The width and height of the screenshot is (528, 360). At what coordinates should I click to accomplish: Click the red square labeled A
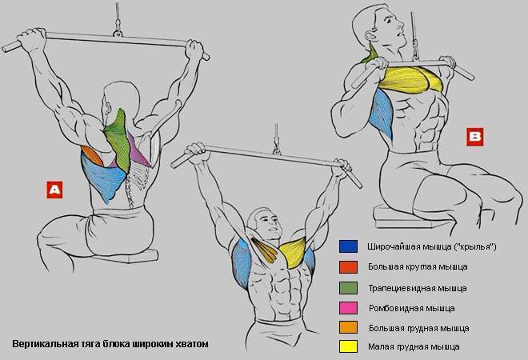(x=54, y=190)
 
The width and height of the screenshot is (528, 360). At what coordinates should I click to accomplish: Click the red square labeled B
(x=474, y=137)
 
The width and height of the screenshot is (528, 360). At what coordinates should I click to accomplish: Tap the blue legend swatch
(x=348, y=246)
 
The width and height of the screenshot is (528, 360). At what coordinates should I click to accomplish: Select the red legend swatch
(x=348, y=267)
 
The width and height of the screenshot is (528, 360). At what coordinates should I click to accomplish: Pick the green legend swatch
(x=348, y=288)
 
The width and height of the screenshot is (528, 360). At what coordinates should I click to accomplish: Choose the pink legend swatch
(x=348, y=308)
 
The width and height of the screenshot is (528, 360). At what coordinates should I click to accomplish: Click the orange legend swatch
(x=348, y=327)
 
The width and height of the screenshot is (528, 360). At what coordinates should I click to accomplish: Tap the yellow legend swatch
(x=348, y=346)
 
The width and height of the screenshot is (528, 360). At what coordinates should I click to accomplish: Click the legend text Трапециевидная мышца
(x=418, y=289)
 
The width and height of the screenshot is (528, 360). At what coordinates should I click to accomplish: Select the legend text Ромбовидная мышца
(x=412, y=308)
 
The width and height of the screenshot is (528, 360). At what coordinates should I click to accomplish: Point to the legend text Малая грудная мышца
(x=414, y=346)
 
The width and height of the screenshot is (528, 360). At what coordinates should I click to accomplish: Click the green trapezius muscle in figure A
(x=118, y=138)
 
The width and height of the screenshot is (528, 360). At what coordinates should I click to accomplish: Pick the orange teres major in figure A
(x=92, y=155)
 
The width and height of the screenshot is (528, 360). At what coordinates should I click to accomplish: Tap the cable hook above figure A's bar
(x=118, y=29)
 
